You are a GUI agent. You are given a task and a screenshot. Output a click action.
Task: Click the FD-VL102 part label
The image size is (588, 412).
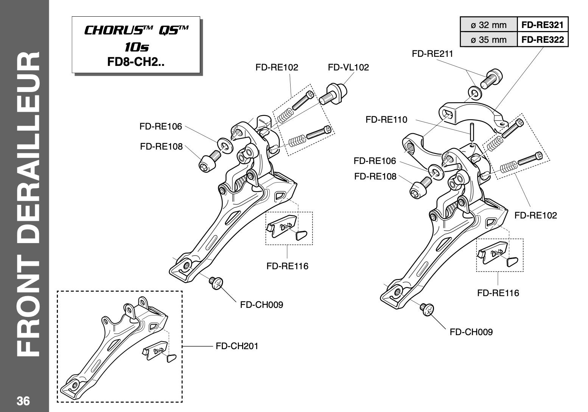tap(348, 67)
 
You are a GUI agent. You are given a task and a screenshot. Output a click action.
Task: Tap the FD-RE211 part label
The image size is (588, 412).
tap(432, 54)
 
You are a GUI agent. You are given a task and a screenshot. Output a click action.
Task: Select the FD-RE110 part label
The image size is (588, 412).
tap(386, 120)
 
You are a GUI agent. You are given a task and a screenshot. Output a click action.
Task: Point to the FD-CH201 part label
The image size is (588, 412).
tap(237, 346)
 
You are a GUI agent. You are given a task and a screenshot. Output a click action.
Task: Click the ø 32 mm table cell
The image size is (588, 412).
tap(489, 25)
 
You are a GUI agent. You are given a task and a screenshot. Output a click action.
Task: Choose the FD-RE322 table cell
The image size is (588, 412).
tap(543, 39)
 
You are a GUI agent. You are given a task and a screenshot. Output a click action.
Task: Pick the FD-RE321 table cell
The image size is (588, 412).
tap(543, 25)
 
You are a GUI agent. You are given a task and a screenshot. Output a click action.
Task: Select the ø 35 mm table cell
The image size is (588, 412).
tap(489, 39)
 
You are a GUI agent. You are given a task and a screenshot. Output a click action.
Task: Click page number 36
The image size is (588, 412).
tap(23, 401)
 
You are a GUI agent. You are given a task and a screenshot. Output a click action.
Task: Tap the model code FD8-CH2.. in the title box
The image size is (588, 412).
tap(136, 62)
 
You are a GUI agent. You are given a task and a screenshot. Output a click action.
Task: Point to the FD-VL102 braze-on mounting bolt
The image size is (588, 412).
tap(333, 94)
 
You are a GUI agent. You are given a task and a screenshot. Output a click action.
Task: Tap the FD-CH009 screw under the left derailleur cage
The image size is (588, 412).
tap(216, 283)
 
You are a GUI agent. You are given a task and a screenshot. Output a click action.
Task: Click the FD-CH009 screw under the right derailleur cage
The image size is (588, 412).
tap(427, 309)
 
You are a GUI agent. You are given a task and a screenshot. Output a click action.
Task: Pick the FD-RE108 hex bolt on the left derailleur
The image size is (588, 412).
tap(210, 161)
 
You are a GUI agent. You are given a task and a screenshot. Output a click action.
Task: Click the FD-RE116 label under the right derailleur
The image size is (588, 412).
tap(498, 293)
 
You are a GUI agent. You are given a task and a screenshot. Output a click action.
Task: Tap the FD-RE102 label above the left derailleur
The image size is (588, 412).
tap(277, 67)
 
